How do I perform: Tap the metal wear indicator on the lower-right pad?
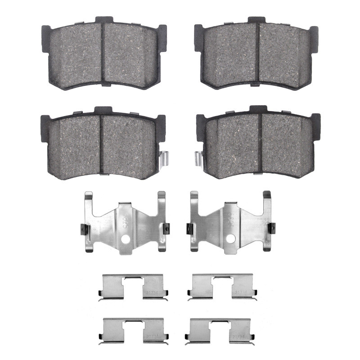(198, 158)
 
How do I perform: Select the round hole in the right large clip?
(230, 238)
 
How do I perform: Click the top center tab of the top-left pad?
(103, 20)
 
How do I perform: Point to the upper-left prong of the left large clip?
(89, 198)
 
